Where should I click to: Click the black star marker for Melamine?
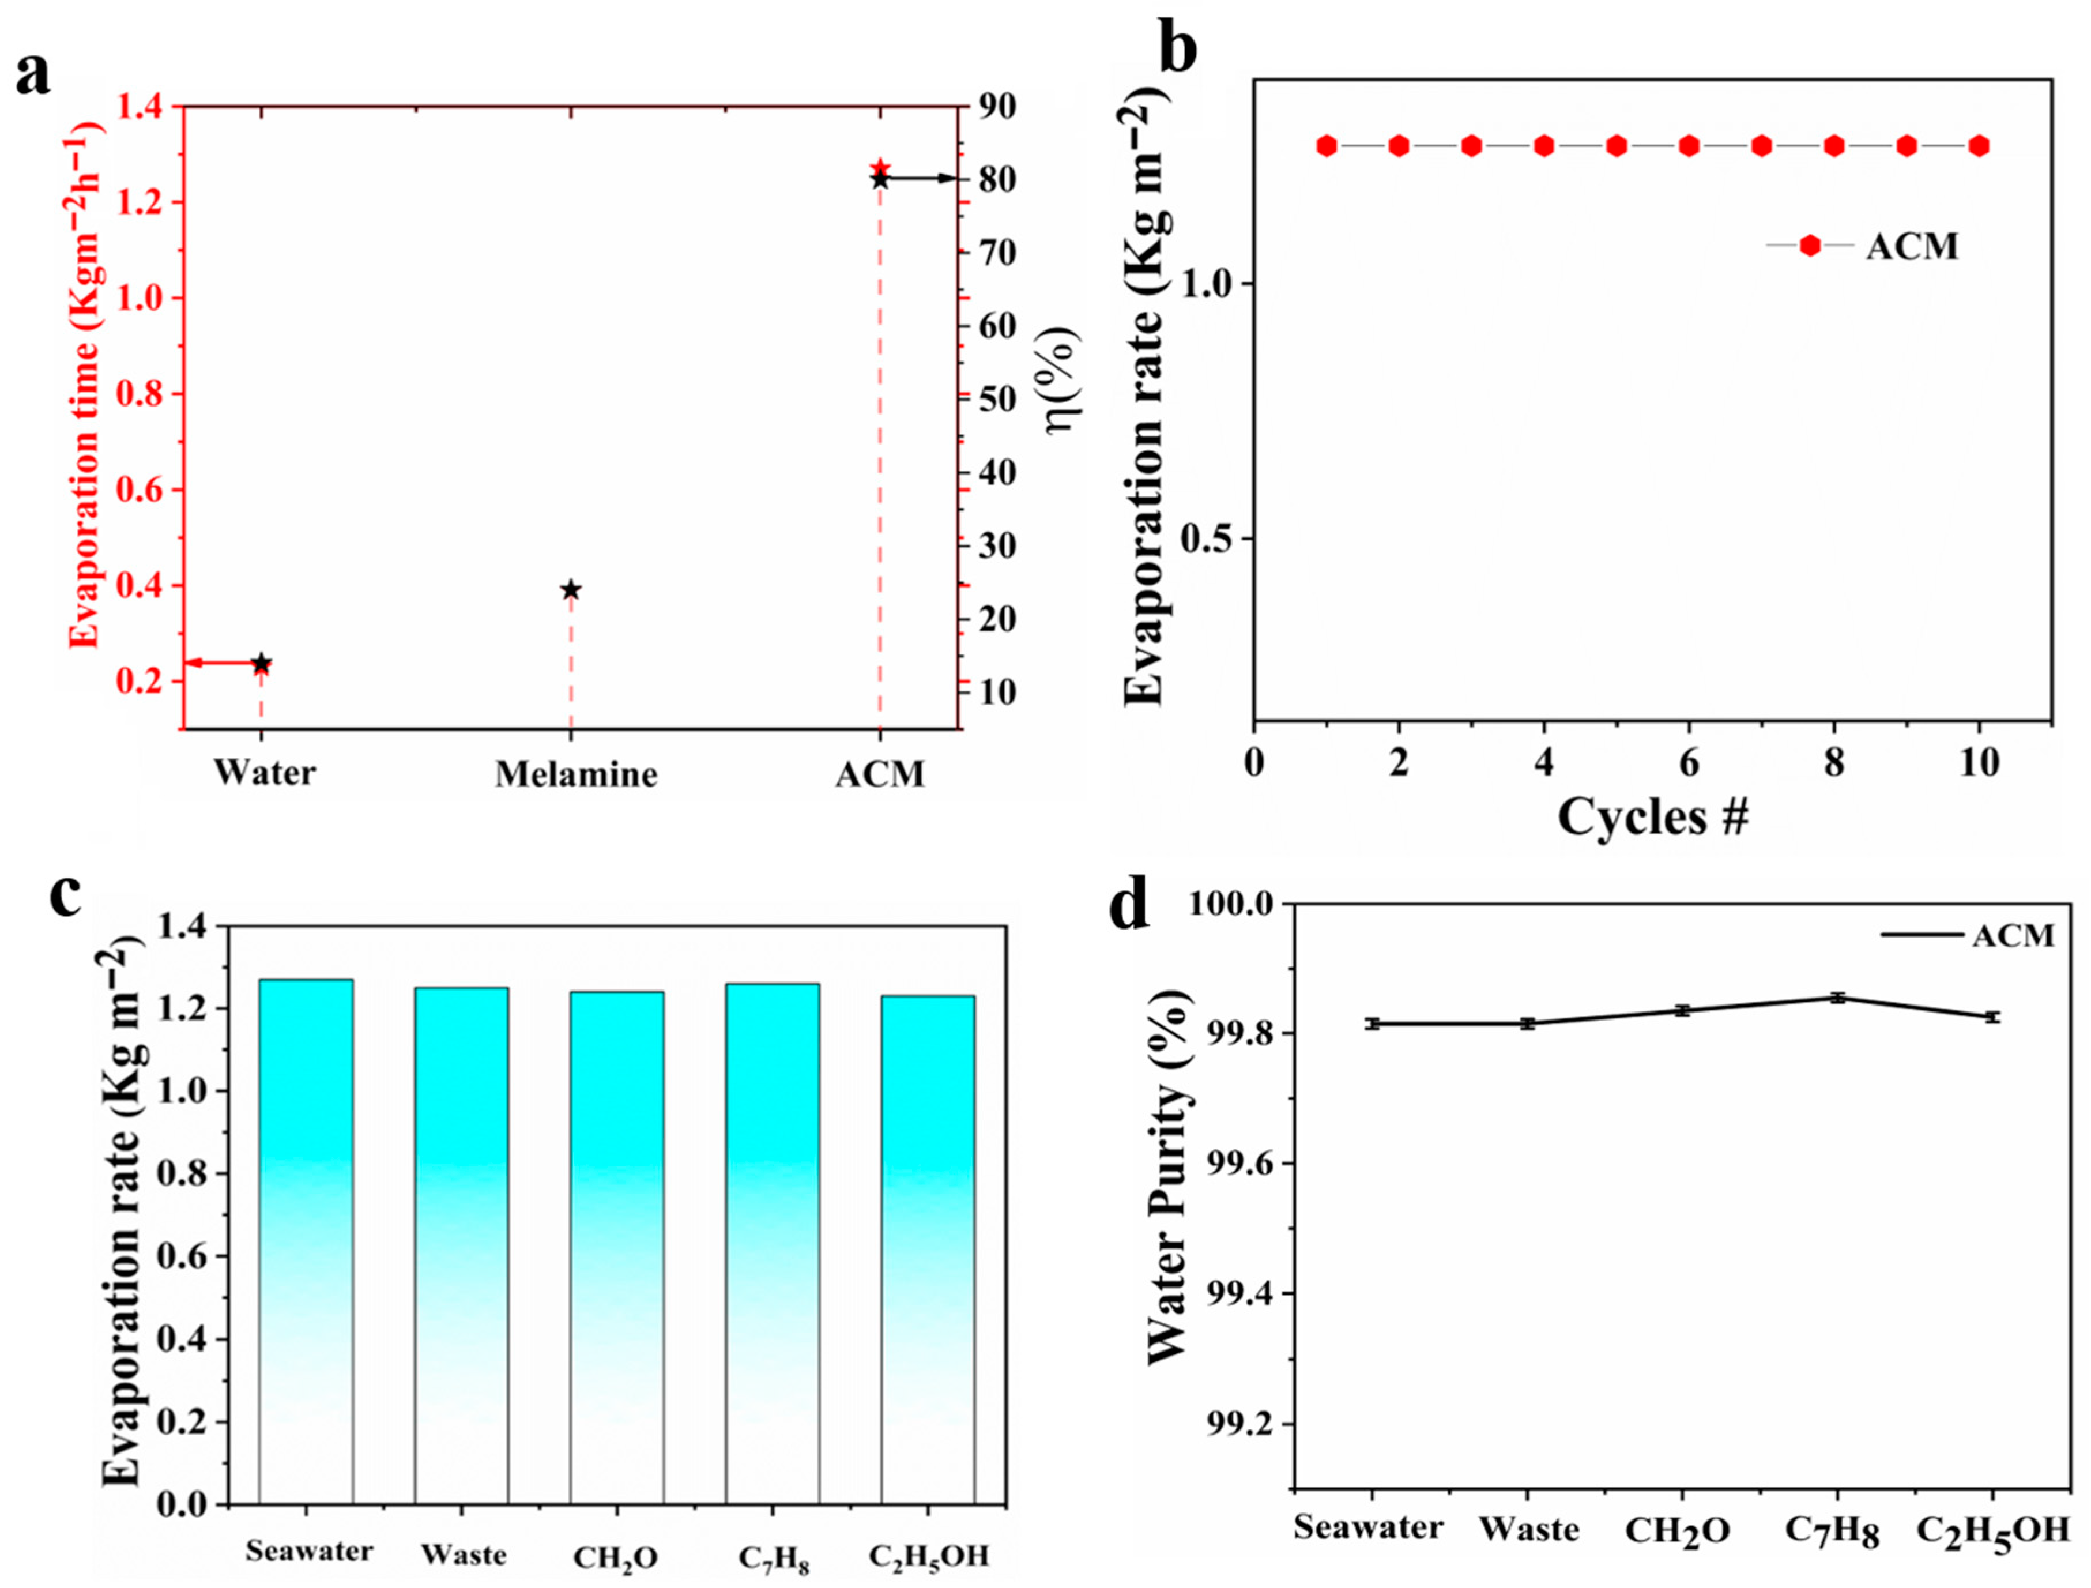[x=570, y=590]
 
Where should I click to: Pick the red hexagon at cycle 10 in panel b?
[x=1979, y=145]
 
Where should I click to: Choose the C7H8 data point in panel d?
[x=1838, y=997]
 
